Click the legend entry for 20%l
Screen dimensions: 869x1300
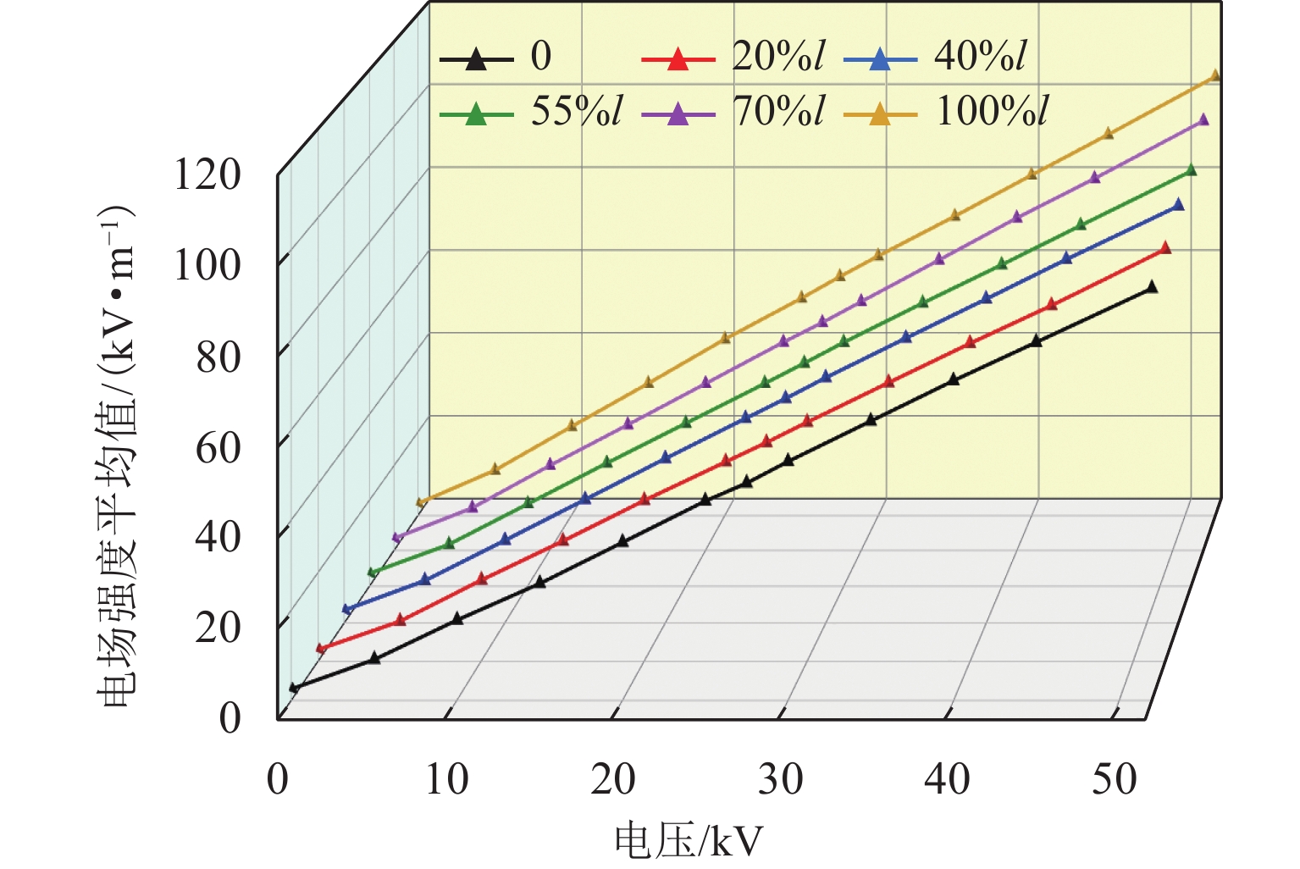click(x=733, y=58)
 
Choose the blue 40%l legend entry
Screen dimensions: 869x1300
click(x=936, y=58)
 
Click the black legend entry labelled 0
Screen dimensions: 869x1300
click(x=495, y=58)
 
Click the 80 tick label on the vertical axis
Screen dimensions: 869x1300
click(x=219, y=357)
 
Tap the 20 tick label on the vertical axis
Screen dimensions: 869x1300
click(x=219, y=627)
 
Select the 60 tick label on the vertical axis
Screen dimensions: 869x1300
click(x=219, y=446)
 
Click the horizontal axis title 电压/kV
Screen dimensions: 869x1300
click(x=688, y=842)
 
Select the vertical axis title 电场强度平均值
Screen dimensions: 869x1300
click(x=114, y=457)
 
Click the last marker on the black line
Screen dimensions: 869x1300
click(x=1151, y=287)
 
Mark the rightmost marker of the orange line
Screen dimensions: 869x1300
click(x=1215, y=75)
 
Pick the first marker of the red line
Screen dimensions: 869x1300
click(x=321, y=649)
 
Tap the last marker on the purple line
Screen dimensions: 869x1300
click(x=1203, y=120)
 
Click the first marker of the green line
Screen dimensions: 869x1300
click(x=372, y=573)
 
